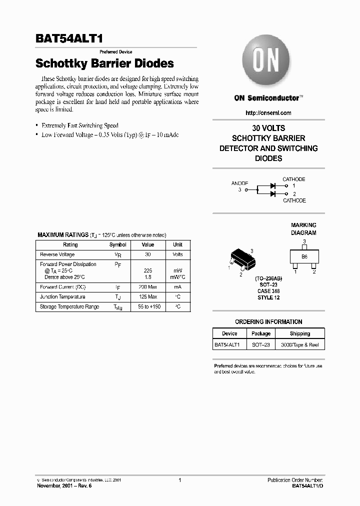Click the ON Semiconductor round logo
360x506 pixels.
click(x=266, y=61)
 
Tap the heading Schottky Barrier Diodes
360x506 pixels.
click(x=104, y=63)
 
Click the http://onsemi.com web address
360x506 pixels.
click(x=268, y=113)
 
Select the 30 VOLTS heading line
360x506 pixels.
click(x=268, y=128)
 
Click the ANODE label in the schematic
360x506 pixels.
click(x=239, y=183)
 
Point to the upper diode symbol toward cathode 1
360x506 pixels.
click(x=273, y=185)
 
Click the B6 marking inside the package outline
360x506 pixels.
click(x=304, y=256)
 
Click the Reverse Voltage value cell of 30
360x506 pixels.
click(x=147, y=254)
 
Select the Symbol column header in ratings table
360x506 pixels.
click(x=117, y=245)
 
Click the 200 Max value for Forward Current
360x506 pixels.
click(x=147, y=287)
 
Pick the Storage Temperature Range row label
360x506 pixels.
click(x=69, y=306)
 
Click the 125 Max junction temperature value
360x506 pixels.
click(x=147, y=297)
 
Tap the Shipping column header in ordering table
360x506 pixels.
click(x=299, y=333)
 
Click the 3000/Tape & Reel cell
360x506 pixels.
click(x=299, y=345)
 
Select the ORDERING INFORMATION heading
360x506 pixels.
click(x=268, y=322)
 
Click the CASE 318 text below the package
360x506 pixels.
click(x=268, y=291)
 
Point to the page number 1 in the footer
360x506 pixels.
click(x=179, y=480)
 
